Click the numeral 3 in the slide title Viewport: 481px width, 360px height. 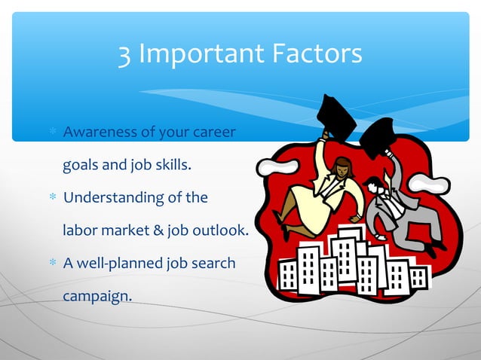(x=127, y=54)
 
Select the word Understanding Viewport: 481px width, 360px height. (x=113, y=198)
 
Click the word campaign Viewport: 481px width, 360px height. (x=97, y=296)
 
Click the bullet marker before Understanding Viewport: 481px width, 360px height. (x=53, y=198)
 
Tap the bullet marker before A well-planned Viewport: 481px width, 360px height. (x=53, y=264)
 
